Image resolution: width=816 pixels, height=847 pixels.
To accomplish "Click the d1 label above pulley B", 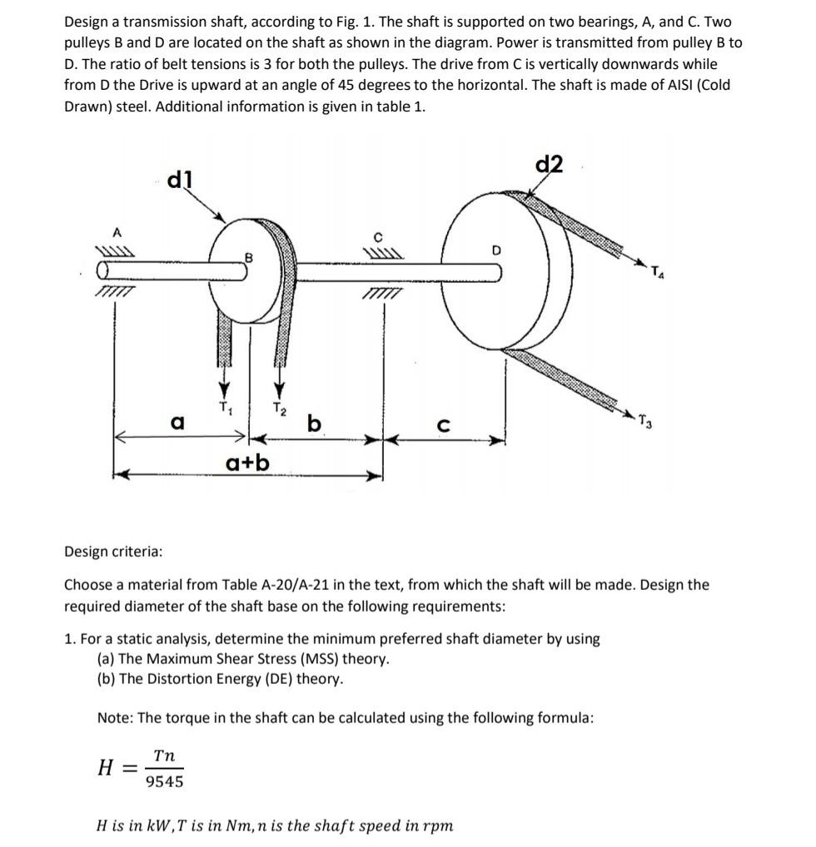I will pyautogui.click(x=179, y=179).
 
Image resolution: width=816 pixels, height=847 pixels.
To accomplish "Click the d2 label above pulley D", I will pyautogui.click(x=550, y=165).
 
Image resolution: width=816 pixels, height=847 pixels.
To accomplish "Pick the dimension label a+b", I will pyautogui.click(x=247, y=460).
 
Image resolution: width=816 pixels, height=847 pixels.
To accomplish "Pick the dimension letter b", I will pyautogui.click(x=313, y=423).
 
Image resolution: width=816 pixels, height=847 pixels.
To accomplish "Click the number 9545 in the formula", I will pyautogui.click(x=164, y=781).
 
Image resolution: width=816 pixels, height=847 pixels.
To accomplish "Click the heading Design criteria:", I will pyautogui.click(x=113, y=552).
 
